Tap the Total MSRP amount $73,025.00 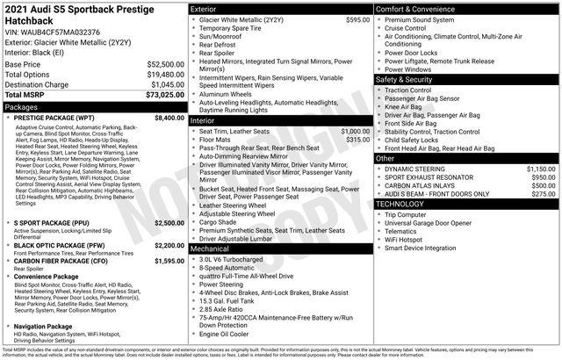(163, 94)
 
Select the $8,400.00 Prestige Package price (169, 117)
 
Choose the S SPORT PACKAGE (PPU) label (52, 223)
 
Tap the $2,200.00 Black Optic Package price (169, 246)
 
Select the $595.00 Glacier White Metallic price (357, 18)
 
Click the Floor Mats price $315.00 (357, 139)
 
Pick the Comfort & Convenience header (414, 8)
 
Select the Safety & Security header (406, 79)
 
